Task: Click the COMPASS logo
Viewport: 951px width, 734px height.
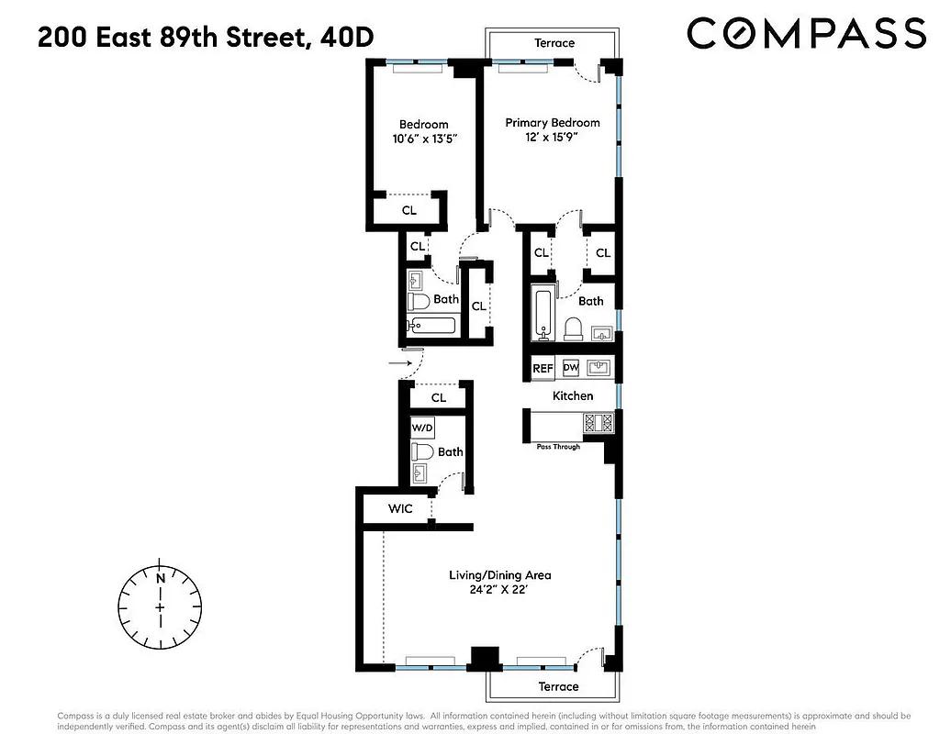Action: [x=806, y=34]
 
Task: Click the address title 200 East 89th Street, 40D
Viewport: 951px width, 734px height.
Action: [x=206, y=38]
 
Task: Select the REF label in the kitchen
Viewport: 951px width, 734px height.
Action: [x=543, y=368]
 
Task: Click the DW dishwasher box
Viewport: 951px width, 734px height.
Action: [x=570, y=368]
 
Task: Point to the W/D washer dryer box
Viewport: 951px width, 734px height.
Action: [x=422, y=428]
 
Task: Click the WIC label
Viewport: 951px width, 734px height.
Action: [x=399, y=507]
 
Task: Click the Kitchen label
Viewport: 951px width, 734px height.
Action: [x=573, y=395]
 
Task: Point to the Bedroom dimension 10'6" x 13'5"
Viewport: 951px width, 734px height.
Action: [x=423, y=139]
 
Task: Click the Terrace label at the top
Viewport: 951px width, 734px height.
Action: [x=554, y=43]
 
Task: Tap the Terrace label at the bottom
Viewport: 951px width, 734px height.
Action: [x=558, y=686]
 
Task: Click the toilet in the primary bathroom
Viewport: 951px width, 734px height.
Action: [x=574, y=328]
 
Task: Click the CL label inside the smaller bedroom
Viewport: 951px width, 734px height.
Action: [x=408, y=210]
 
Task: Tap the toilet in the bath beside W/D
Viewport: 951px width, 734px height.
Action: [x=422, y=451]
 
